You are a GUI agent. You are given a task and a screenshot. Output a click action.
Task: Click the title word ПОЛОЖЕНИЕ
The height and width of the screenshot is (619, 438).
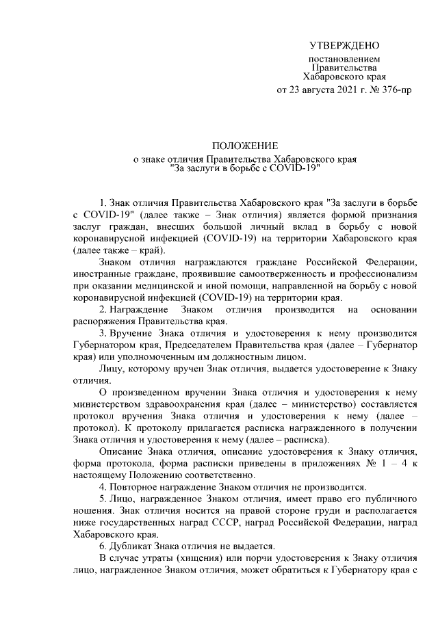pos(245,146)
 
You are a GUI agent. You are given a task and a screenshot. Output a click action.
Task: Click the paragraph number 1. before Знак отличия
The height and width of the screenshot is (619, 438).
pos(103,203)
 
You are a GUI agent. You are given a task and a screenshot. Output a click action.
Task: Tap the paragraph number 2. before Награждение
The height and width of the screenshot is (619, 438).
pos(103,310)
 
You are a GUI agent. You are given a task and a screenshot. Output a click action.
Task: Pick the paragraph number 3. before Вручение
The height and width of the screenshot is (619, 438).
pos(103,333)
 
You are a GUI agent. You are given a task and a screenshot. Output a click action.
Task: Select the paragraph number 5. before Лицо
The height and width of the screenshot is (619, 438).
pos(103,499)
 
